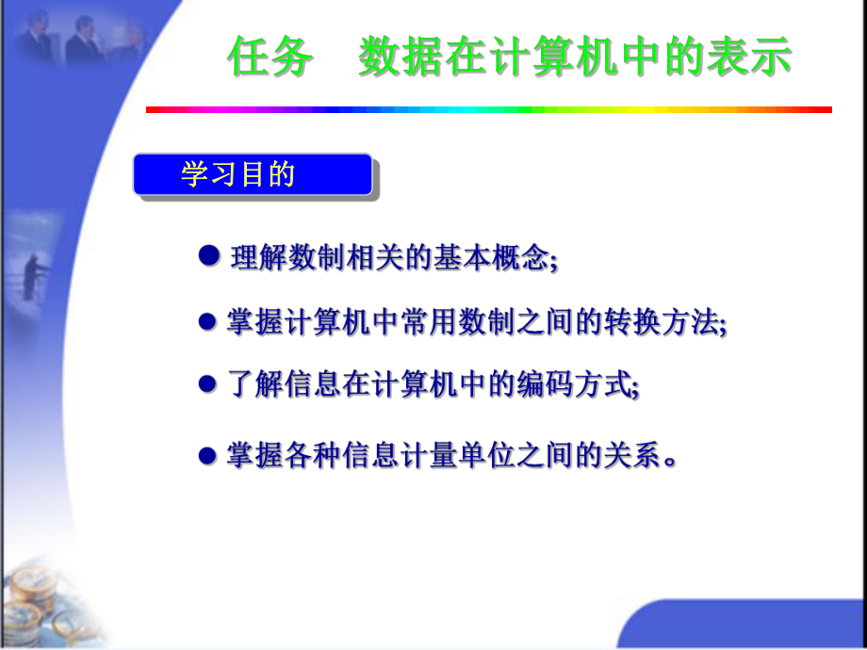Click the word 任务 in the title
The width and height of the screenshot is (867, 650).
pyautogui.click(x=270, y=57)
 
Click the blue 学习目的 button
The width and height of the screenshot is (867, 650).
pyautogui.click(x=252, y=175)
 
